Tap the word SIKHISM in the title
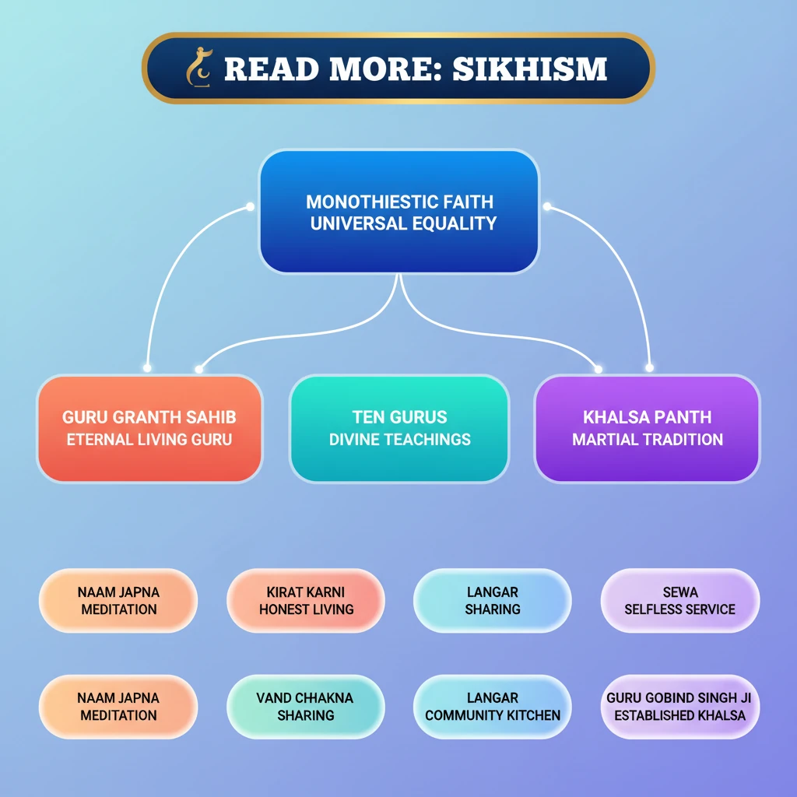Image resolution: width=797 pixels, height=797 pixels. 529,69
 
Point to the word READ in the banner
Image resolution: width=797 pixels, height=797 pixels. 269,69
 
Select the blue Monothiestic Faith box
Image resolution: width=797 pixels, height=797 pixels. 399,212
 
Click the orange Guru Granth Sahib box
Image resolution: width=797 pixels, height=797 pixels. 149,428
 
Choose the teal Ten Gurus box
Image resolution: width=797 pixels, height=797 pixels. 399,428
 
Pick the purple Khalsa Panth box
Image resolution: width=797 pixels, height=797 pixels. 648,428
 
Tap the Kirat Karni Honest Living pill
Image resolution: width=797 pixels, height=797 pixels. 306,601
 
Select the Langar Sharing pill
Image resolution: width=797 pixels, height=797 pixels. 493,601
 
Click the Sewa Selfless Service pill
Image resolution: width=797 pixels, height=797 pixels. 680,601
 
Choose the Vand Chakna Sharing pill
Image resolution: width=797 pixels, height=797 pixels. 306,707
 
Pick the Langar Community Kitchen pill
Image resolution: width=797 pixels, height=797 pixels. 493,707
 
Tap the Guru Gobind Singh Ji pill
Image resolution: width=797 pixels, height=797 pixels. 680,707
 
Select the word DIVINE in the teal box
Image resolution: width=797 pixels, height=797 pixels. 354,439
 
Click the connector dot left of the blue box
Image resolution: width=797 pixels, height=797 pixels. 250,206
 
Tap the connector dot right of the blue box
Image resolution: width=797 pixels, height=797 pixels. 547,206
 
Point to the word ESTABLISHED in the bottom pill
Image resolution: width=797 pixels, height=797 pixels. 652,715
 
